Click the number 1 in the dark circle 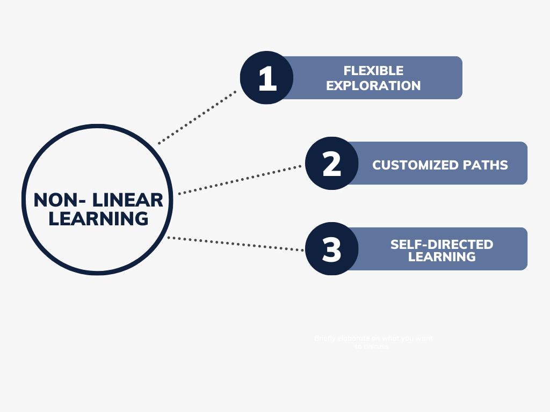267,78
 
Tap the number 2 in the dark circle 331,164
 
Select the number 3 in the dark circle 331,249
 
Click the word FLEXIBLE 373,71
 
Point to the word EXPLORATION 373,85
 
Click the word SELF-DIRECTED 442,245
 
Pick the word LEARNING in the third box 442,257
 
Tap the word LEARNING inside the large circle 98,219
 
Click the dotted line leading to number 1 198,117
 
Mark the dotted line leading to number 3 236,244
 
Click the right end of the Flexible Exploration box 457,78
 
